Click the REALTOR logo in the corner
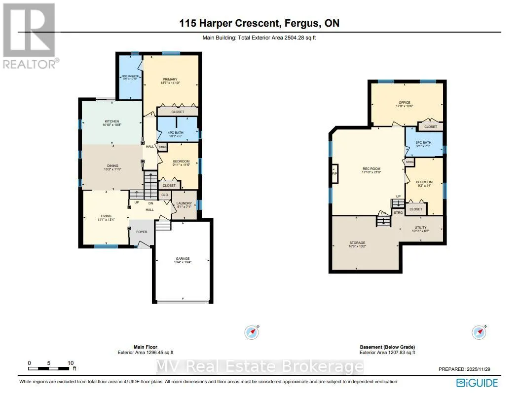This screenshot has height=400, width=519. pos(29,35)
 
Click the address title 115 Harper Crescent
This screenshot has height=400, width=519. pos(259,23)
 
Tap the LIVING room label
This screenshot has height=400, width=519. pos(106,216)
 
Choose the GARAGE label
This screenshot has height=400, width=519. pos(183,259)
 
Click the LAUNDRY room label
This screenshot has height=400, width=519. pos(184,203)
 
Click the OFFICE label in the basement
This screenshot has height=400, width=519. pos(405,103)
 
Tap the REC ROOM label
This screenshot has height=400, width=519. pos(371,169)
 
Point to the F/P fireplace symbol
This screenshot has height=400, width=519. pos(334,174)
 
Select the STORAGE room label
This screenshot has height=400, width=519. pos(357,243)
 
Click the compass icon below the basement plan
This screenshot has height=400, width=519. pos(479,332)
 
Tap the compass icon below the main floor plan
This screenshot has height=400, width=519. pos(252,332)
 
